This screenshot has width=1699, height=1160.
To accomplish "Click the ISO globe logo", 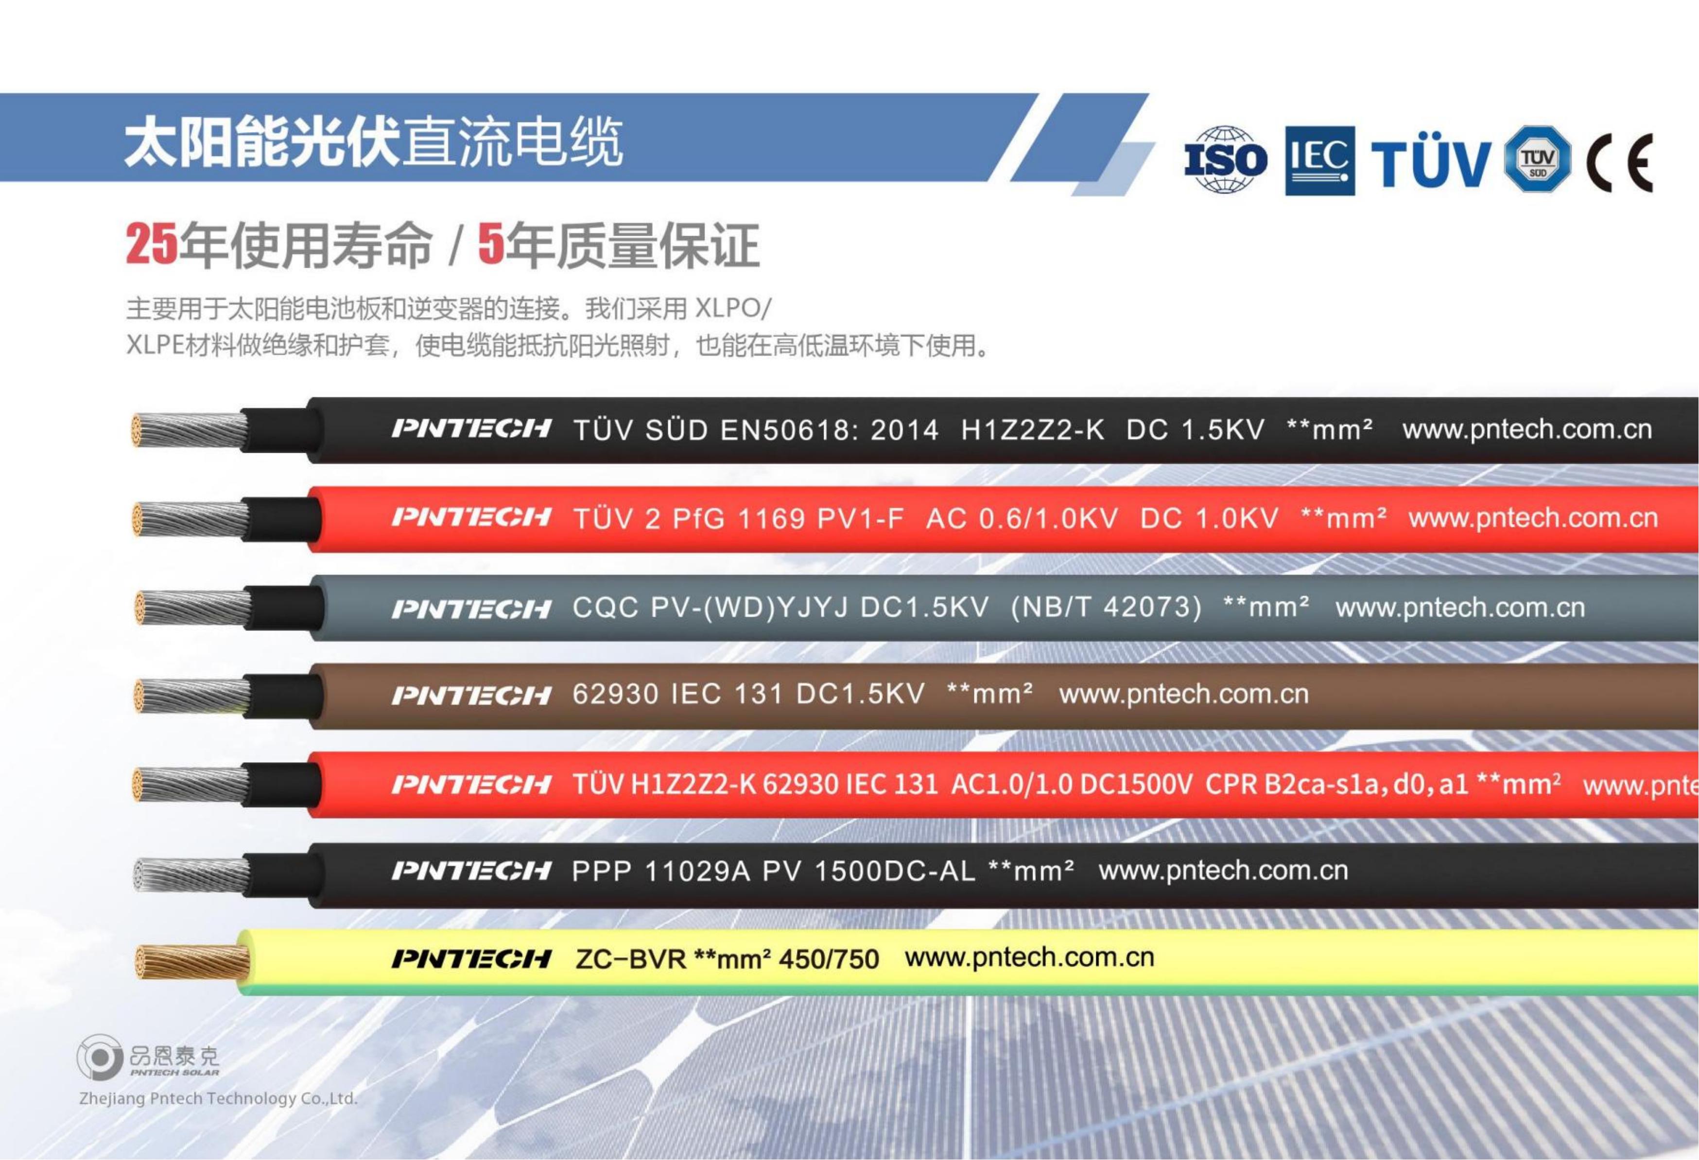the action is [1225, 159].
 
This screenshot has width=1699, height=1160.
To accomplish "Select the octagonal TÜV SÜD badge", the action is [1538, 159].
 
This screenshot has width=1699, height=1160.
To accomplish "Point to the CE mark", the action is [1619, 162].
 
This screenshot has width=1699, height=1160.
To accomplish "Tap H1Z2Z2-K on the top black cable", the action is [1032, 430].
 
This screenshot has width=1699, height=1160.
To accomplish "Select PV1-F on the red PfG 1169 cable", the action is [861, 519].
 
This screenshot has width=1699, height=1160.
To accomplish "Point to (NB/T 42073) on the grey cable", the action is [1106, 607].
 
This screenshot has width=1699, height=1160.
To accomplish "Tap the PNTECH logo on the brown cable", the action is [471, 694].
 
